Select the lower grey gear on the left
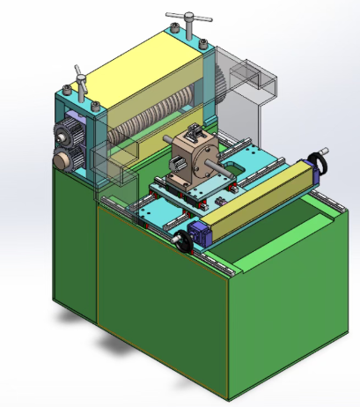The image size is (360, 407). pos(62,160)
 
